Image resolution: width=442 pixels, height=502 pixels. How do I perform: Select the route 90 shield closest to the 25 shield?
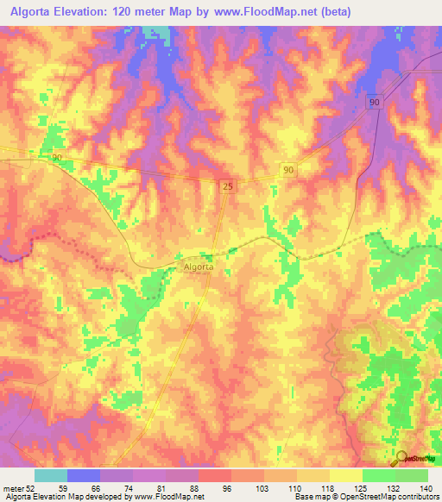288,171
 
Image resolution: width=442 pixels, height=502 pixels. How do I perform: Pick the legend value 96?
227,487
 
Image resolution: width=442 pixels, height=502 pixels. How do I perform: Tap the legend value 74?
128,487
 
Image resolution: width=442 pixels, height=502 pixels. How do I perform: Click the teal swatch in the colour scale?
51,475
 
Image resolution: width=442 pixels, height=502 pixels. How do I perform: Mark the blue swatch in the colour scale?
84,475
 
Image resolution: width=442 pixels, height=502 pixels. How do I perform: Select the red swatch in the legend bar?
215,475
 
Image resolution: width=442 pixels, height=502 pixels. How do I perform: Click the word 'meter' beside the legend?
12,487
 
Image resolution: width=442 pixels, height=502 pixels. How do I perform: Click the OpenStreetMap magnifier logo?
401,458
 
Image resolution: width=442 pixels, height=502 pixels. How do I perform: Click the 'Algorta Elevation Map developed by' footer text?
65,497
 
